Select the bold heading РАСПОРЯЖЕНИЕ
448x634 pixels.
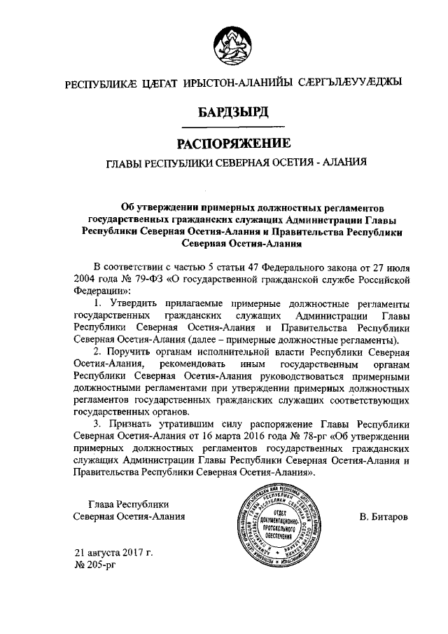click(x=232, y=145)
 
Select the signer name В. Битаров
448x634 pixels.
click(x=384, y=517)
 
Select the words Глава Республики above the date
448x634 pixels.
click(x=129, y=504)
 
